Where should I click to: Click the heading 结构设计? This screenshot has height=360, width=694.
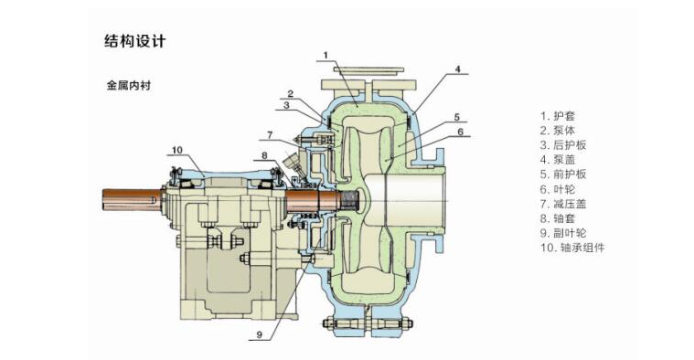(x=135, y=41)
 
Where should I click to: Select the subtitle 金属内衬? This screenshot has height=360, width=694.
(x=129, y=85)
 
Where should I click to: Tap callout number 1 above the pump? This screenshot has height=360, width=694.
(x=326, y=56)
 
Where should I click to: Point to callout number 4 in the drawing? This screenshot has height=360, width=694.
(x=458, y=69)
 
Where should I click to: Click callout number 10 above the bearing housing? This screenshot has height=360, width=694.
(x=177, y=150)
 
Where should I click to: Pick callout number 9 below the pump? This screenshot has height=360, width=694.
(x=260, y=334)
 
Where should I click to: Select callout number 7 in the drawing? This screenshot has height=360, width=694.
(x=270, y=135)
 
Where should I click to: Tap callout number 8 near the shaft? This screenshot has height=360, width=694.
(x=264, y=155)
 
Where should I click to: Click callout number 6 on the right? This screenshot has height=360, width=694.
(x=460, y=132)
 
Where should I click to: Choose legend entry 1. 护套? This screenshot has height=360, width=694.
(x=558, y=116)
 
